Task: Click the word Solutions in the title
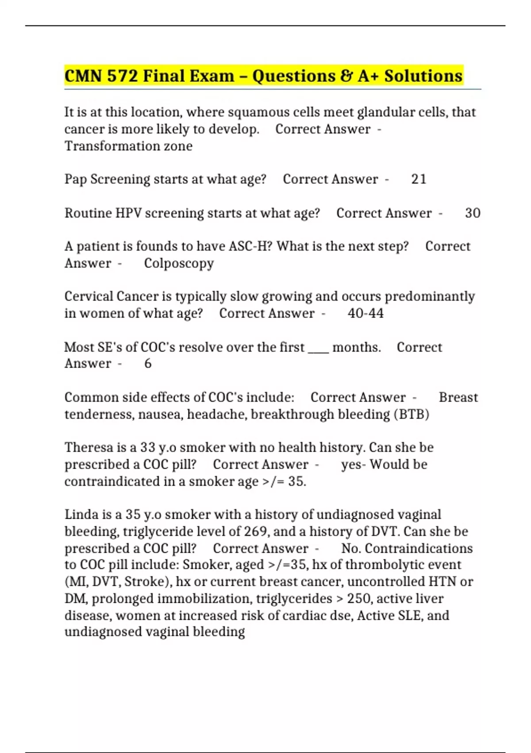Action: pos(423,76)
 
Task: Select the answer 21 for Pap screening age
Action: pos(419,179)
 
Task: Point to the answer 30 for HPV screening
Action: pos(473,213)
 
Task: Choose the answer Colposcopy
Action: pos(179,264)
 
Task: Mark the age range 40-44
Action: pos(366,313)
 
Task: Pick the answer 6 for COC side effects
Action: pos(148,363)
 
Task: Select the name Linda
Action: pos(82,514)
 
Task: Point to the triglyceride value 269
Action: pos(257,531)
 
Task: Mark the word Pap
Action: pos(76,179)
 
